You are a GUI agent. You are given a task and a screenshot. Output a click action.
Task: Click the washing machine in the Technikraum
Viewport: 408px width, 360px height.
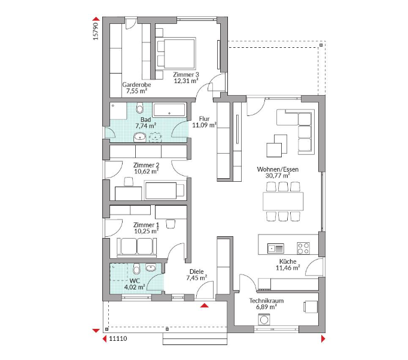tap(264, 319)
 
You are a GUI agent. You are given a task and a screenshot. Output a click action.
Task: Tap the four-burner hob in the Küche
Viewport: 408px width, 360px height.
tap(303, 248)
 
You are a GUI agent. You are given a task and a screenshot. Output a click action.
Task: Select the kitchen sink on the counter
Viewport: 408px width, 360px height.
tap(276, 248)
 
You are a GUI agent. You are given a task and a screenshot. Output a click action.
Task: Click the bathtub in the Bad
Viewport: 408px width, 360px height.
tap(169, 110)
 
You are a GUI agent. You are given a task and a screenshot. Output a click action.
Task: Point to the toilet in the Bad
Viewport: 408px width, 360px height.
tap(140, 108)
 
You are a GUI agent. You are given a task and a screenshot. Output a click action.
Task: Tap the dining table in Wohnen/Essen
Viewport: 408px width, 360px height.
tap(283, 201)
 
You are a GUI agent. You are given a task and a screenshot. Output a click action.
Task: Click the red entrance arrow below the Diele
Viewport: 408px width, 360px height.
tap(205, 305)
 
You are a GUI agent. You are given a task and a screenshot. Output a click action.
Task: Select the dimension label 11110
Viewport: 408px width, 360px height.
tap(118, 338)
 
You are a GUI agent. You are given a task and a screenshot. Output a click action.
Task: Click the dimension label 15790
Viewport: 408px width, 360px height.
tap(96, 31)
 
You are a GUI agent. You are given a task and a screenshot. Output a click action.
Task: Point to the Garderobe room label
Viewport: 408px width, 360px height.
tap(136, 85)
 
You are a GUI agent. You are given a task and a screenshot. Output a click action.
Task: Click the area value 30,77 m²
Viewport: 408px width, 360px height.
tap(278, 176)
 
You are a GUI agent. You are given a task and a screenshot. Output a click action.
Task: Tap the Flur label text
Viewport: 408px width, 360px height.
tap(204, 119)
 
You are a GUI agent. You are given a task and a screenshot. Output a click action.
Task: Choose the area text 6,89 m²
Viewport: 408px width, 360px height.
tap(266, 307)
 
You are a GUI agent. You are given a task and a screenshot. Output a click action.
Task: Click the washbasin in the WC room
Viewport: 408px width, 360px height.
tap(151, 267)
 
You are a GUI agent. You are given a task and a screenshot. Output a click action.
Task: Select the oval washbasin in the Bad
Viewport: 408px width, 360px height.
tap(140, 136)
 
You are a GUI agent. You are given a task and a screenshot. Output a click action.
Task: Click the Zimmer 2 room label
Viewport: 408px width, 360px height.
tap(146, 165)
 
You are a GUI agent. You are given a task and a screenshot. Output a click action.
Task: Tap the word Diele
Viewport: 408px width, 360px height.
tap(196, 272)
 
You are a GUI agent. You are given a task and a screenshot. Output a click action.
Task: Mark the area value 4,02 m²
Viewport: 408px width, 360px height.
tap(135, 287)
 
